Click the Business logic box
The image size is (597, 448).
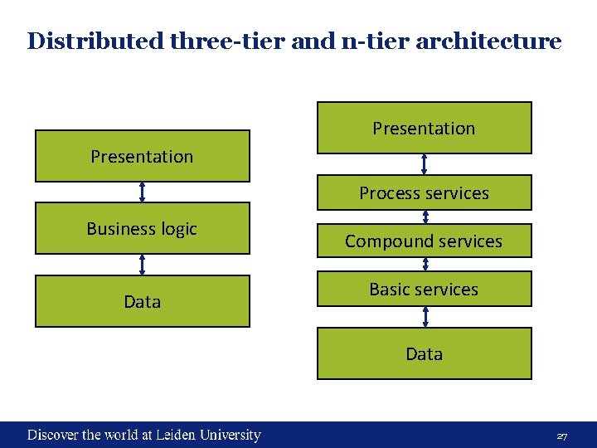[142, 228]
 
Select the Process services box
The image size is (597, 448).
[424, 192]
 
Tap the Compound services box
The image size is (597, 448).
[424, 241]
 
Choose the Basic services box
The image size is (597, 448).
[424, 289]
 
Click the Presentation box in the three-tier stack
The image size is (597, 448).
[142, 156]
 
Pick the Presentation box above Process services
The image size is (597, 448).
[424, 128]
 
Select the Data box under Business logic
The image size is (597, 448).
[142, 301]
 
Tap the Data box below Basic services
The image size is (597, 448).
[424, 353]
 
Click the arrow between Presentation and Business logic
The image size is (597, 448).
[143, 192]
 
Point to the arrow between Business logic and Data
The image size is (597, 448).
[143, 265]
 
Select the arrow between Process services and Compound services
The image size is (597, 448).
[425, 217]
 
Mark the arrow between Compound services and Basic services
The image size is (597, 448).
[425, 265]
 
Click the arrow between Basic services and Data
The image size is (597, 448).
[425, 316]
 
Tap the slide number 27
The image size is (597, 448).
[561, 436]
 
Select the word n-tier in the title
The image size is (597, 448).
[366, 41]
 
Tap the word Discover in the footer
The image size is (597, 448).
[53, 435]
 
